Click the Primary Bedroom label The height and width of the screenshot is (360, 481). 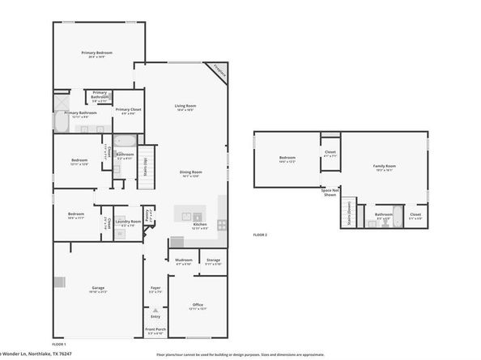click(96, 54)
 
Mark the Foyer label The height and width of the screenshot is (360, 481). click(155, 289)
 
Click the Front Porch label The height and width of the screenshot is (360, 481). click(155, 331)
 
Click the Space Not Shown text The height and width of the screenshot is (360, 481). click(330, 193)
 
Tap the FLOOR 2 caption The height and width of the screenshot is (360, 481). click(259, 234)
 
